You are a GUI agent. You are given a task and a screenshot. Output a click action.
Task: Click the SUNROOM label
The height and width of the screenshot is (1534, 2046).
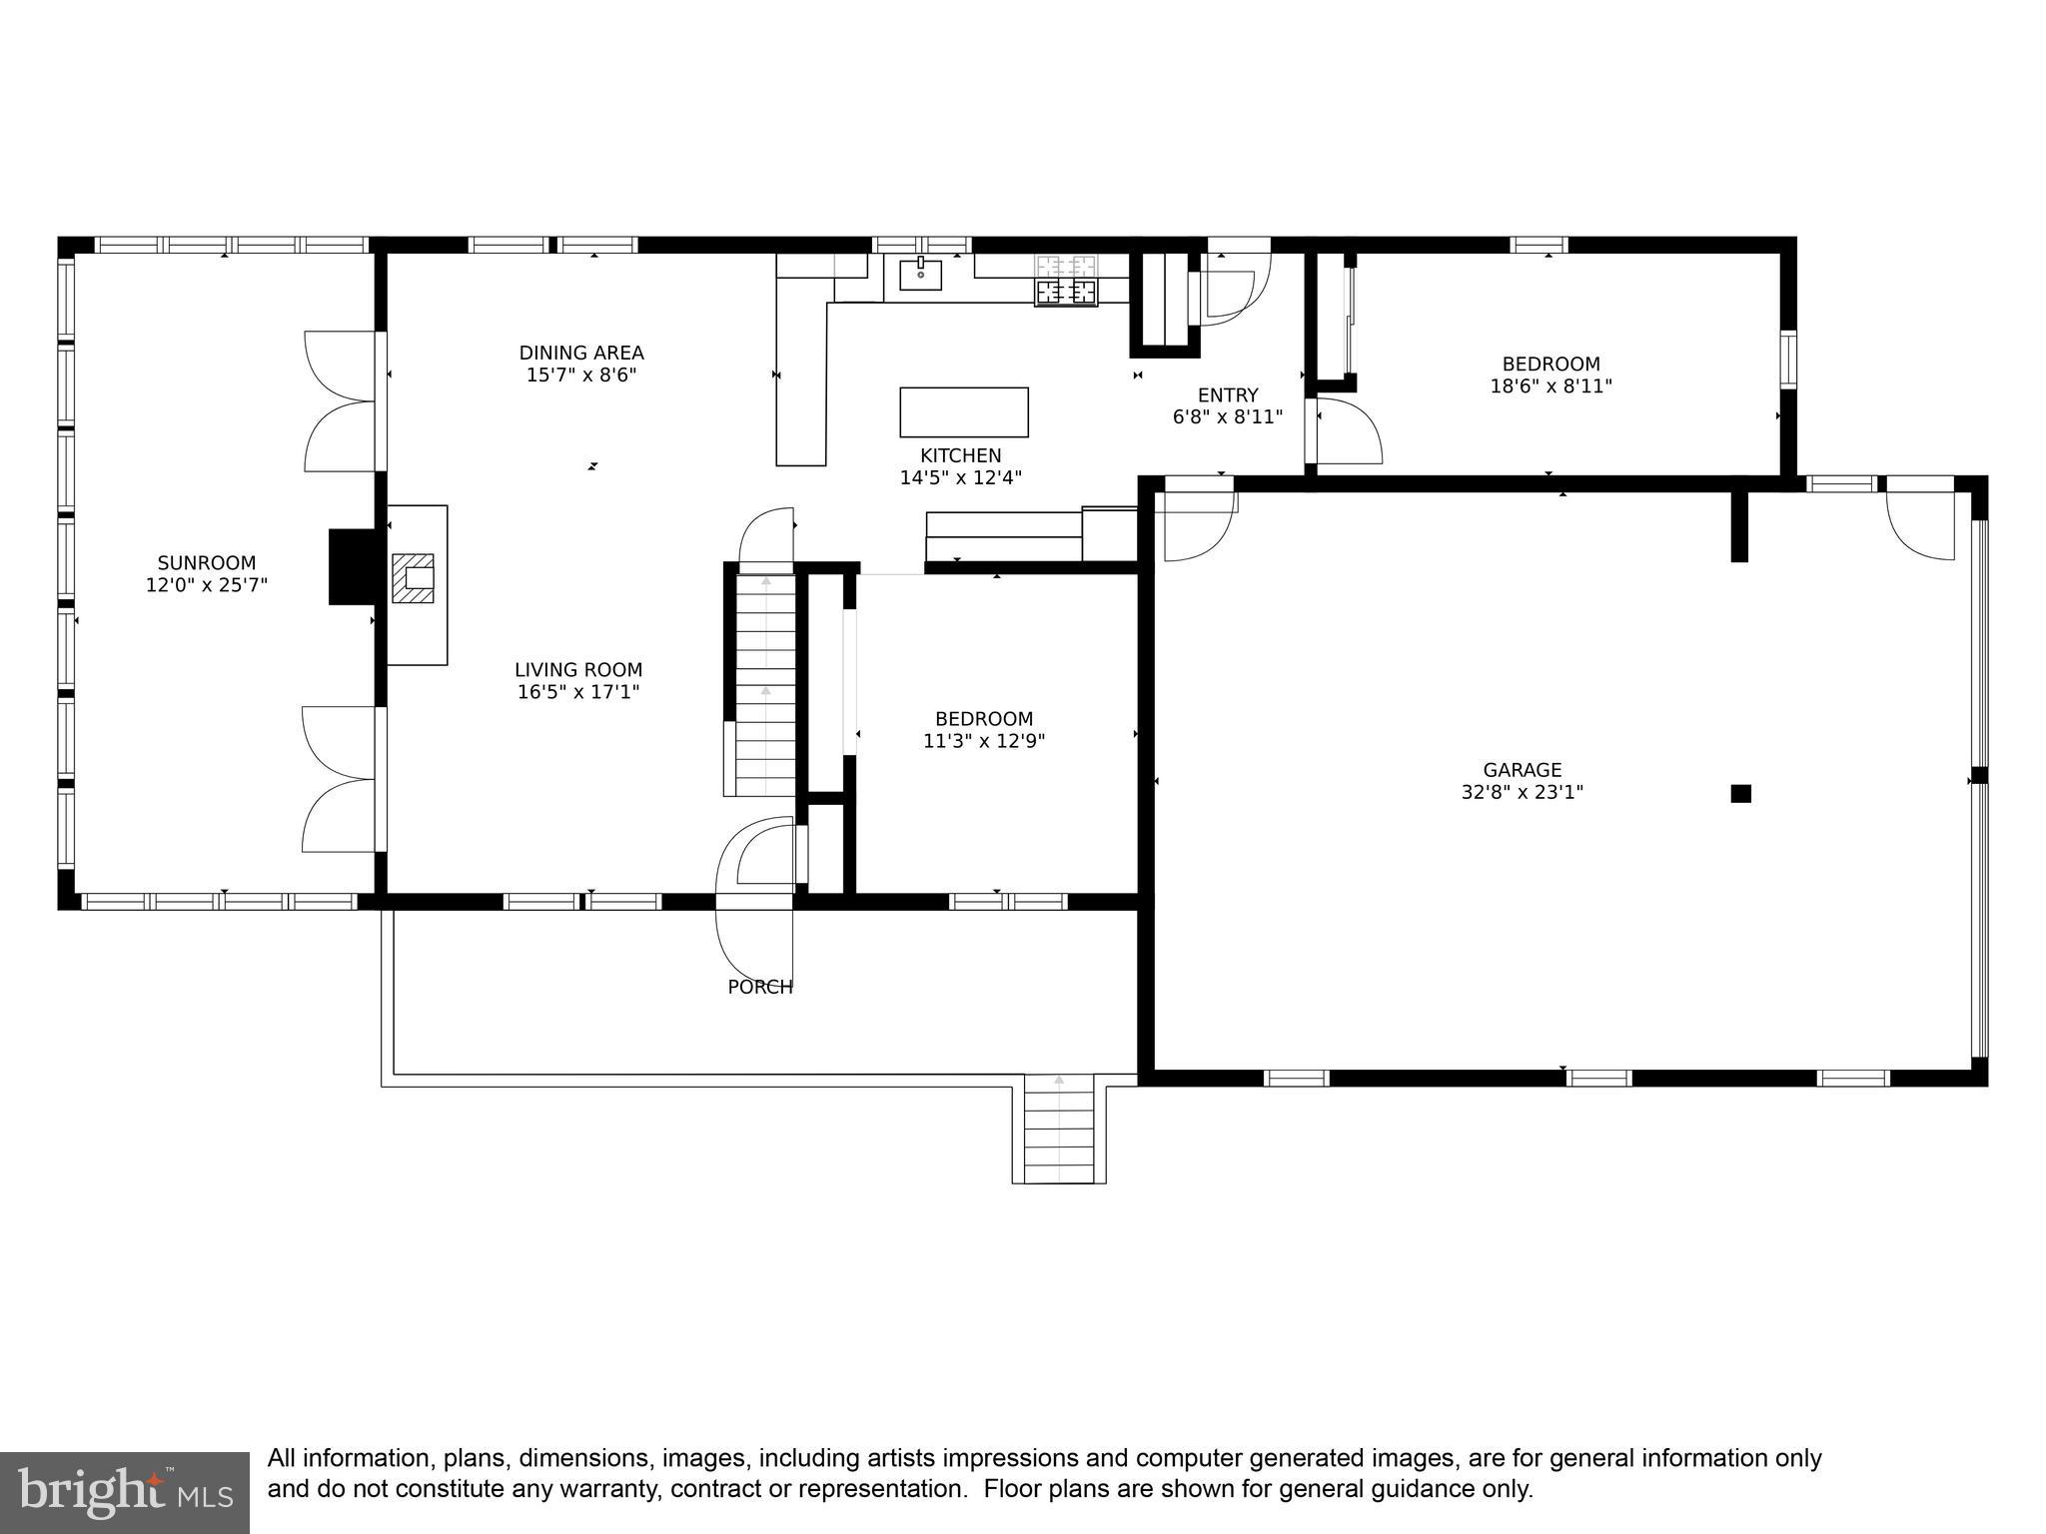[x=206, y=563]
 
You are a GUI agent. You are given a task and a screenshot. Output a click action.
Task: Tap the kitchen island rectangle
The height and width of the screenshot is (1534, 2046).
[x=963, y=412]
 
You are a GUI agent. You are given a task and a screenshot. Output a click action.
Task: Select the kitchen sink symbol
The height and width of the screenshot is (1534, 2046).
[x=920, y=274]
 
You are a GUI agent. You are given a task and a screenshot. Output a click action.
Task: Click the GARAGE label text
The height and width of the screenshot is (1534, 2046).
[x=1522, y=770]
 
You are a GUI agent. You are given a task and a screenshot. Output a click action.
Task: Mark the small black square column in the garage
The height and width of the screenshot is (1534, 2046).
[x=1740, y=794]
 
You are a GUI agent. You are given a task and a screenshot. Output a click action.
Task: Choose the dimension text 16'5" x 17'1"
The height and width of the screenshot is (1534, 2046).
[x=578, y=692]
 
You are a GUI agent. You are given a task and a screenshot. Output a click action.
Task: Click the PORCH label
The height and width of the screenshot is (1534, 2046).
[x=759, y=987]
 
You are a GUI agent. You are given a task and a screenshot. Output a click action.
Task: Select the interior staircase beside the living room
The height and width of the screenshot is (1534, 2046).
[x=765, y=684]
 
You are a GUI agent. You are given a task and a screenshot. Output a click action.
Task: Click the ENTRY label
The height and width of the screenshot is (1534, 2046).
[x=1228, y=395]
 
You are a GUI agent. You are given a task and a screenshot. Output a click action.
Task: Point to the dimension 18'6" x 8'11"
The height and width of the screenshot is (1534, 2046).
[x=1550, y=386]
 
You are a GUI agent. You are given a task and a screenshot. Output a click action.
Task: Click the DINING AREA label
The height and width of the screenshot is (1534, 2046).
[x=580, y=353]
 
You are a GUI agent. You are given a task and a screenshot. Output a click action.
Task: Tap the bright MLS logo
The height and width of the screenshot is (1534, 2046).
[x=125, y=1492]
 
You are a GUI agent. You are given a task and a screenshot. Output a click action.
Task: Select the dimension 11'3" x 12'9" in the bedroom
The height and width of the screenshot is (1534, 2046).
[x=984, y=741]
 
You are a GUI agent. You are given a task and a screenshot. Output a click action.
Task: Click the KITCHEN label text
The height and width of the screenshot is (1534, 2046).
[x=960, y=456]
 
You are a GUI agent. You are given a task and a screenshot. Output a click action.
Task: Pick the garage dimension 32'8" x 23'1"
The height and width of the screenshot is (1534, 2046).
[x=1522, y=793]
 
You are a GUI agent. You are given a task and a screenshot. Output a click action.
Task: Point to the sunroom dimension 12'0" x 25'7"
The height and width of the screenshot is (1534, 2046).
[x=206, y=585]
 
